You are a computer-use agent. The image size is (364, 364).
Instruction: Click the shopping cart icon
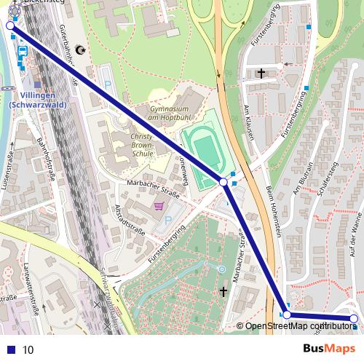[x=158, y=207]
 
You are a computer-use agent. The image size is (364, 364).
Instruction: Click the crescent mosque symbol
[x=80, y=50]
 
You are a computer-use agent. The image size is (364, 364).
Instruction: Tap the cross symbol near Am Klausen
[x=261, y=73]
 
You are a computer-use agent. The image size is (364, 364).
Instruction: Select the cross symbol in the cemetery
[x=223, y=292]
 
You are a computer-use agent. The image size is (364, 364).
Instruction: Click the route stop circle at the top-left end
[x=10, y=25]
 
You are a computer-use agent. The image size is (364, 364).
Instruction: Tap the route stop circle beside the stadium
[x=223, y=182]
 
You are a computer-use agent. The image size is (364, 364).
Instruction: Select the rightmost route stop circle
[x=354, y=319]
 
